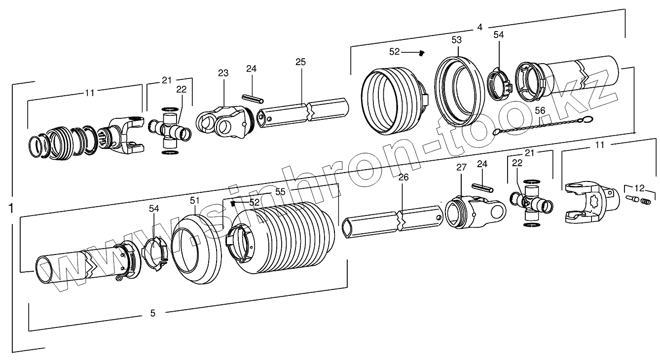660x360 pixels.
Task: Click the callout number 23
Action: point(223,73)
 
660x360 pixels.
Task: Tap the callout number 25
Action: point(300,62)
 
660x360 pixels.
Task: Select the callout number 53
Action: point(457,39)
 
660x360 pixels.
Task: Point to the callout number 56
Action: point(540,111)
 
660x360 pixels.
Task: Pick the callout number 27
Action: point(461,168)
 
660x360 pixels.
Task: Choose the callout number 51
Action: point(195,200)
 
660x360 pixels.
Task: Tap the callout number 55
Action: point(280,192)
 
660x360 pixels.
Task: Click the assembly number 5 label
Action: point(152,313)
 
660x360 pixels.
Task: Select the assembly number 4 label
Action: point(479,28)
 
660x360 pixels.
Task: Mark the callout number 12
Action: point(639,187)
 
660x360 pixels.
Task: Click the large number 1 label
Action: point(11,209)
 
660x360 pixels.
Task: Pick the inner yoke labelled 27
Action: point(474,210)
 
